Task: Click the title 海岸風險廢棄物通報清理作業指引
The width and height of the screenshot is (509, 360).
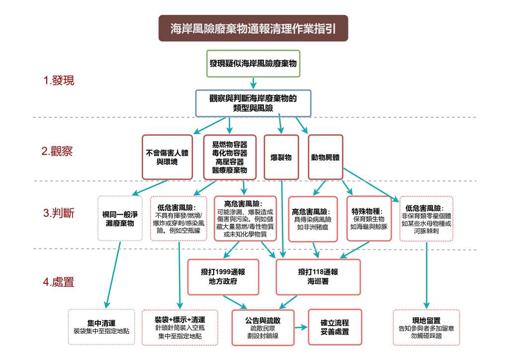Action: (x=253, y=28)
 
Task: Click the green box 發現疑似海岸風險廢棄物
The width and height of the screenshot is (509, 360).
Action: (x=253, y=64)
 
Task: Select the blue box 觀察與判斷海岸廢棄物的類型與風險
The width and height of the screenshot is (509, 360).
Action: (x=253, y=103)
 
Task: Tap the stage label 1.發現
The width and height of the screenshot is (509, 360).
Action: (x=59, y=81)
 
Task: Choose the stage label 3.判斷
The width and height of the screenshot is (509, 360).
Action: (x=59, y=214)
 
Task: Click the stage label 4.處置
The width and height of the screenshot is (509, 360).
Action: (x=59, y=282)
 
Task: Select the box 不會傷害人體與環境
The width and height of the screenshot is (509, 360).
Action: (x=167, y=157)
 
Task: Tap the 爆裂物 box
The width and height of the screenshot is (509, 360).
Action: (x=281, y=157)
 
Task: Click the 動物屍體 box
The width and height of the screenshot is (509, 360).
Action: (x=326, y=157)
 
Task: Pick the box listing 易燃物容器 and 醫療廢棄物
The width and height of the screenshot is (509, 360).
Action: (x=230, y=157)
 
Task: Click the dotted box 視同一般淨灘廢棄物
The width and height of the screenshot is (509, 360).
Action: (x=120, y=219)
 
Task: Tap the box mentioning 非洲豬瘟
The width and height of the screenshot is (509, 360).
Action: (x=313, y=219)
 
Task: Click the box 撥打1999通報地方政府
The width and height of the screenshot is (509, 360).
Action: (x=223, y=277)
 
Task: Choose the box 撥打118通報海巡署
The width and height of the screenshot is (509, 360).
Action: (x=318, y=277)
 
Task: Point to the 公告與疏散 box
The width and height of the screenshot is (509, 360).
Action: (x=263, y=328)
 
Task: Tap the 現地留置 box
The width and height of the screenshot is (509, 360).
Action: (x=426, y=328)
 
